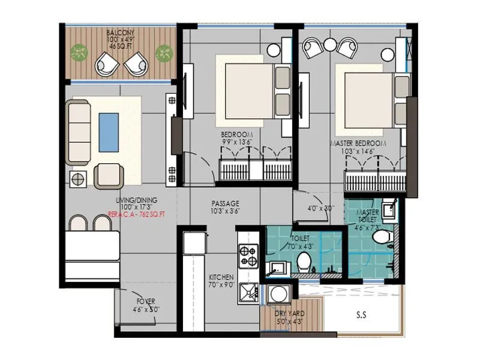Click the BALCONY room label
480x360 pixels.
pyautogui.click(x=120, y=32)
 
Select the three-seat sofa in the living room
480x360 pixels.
pyautogui.click(x=79, y=132)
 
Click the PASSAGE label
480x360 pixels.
pyautogui.click(x=226, y=203)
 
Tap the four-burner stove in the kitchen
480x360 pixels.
pyautogui.click(x=248, y=256)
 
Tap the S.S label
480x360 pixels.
pyautogui.click(x=361, y=313)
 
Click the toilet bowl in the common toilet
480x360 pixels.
pyautogui.click(x=304, y=260)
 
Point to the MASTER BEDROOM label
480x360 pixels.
pyautogui.click(x=356, y=144)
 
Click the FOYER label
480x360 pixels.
pyautogui.click(x=145, y=301)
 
